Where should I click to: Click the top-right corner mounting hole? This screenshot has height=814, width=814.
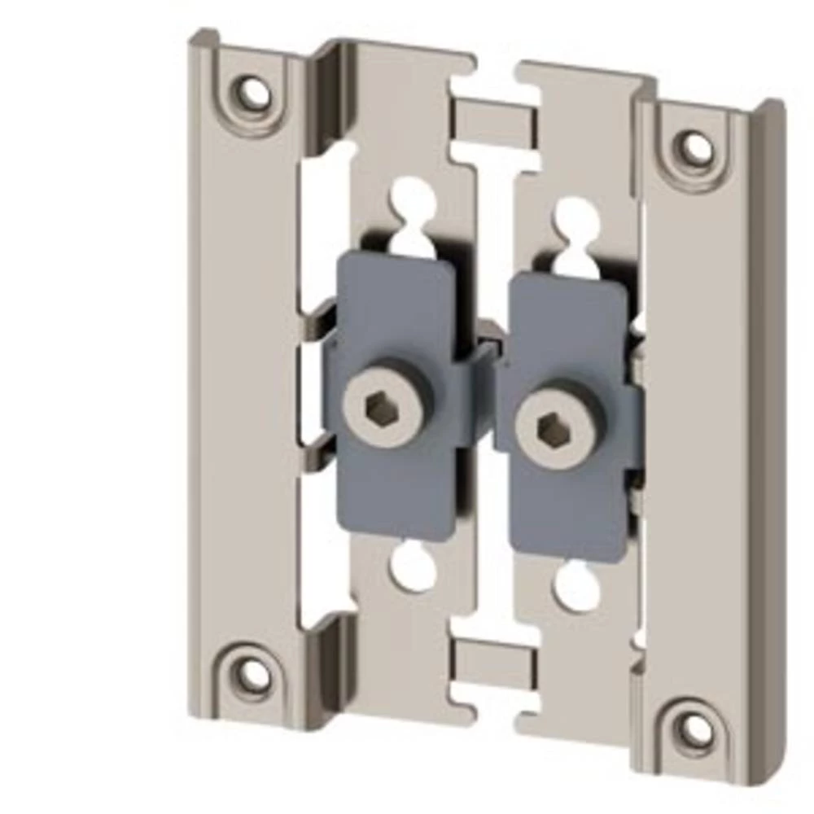pyautogui.click(x=696, y=148)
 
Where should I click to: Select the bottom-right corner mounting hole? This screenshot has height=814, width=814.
pyautogui.click(x=694, y=728)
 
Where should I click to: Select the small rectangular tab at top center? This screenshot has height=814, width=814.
pyautogui.click(x=493, y=122)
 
